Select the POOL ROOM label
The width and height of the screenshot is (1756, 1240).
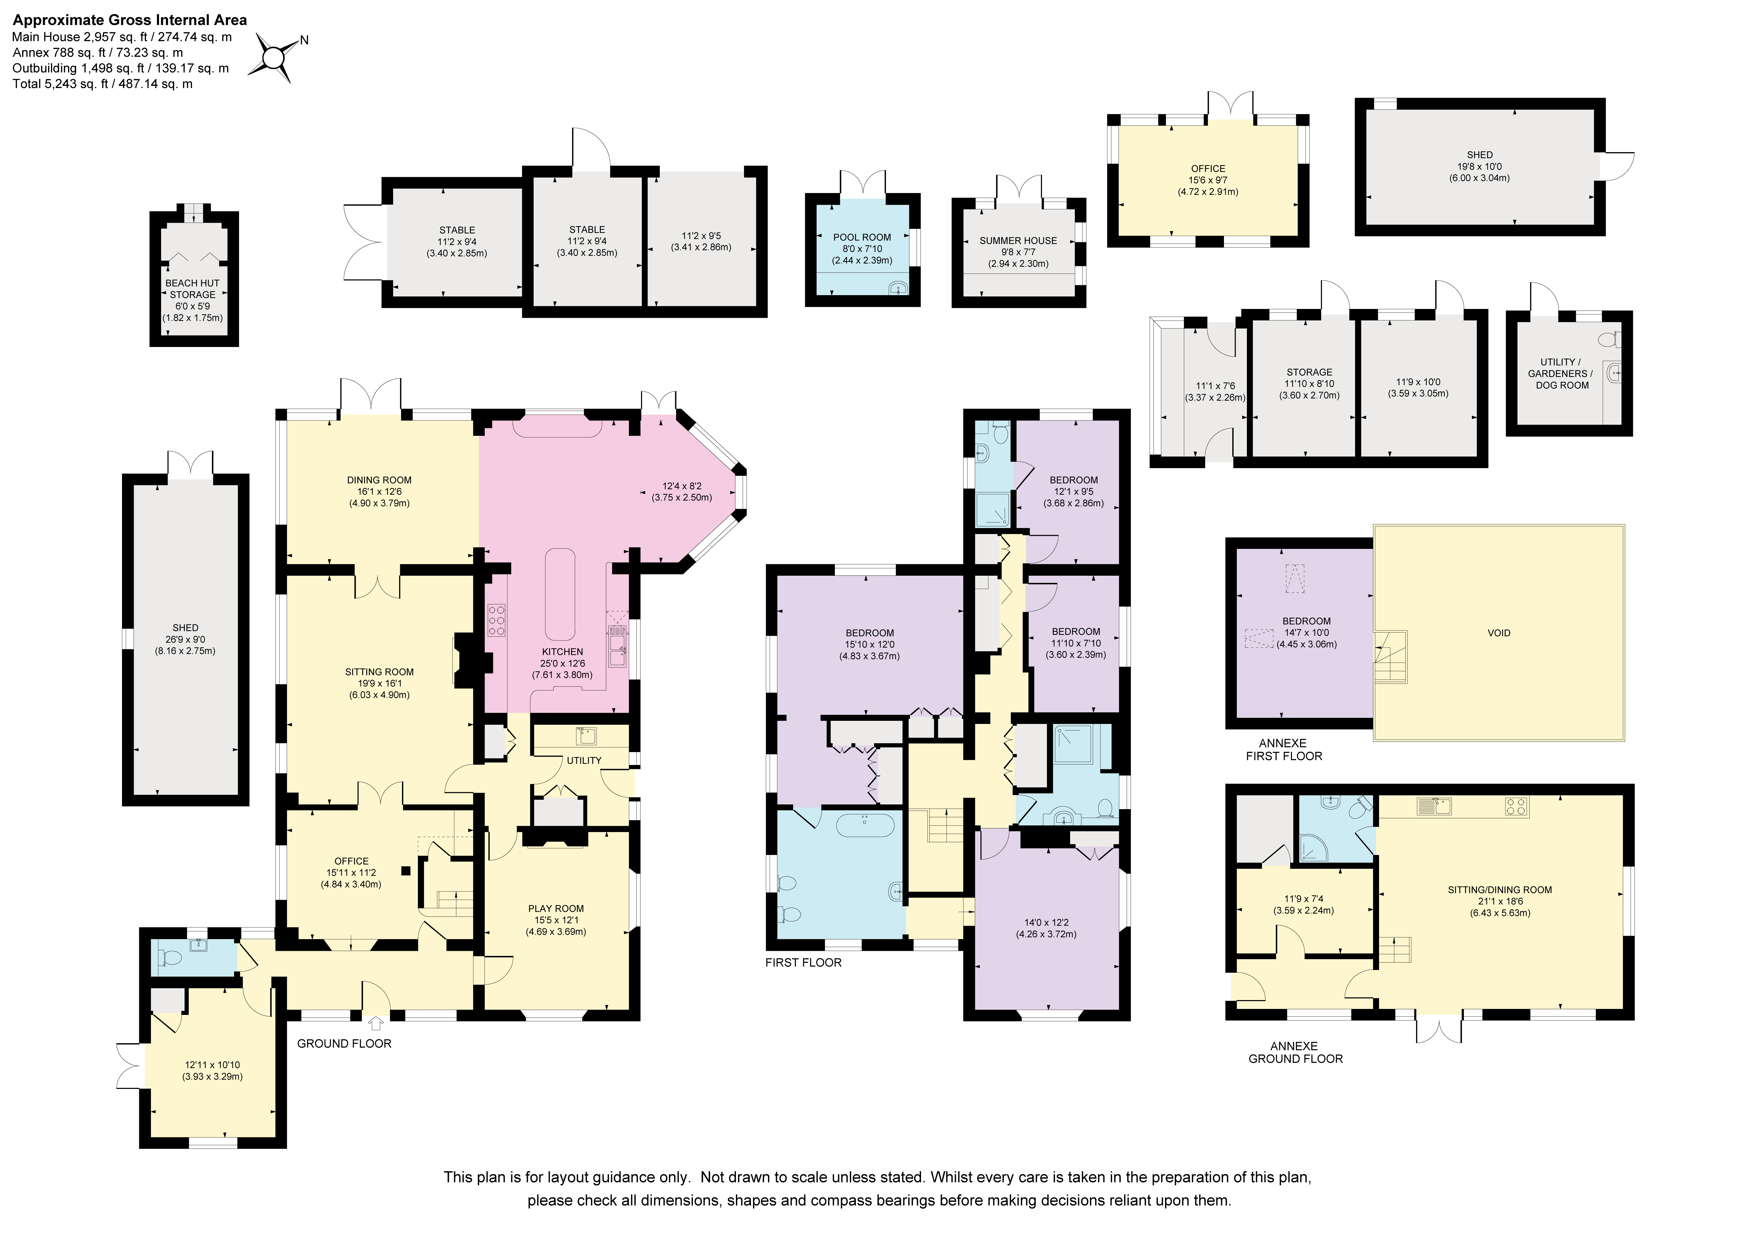click(x=862, y=237)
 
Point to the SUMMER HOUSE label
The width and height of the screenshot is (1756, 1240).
click(x=1018, y=241)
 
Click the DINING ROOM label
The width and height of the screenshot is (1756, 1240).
click(x=379, y=480)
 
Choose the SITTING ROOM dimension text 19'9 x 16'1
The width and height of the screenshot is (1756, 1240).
click(x=379, y=684)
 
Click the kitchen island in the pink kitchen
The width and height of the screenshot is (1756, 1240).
click(x=560, y=594)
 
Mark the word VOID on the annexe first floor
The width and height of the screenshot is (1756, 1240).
click(x=1499, y=633)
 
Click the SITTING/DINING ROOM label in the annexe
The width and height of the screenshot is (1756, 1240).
click(x=1500, y=890)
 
